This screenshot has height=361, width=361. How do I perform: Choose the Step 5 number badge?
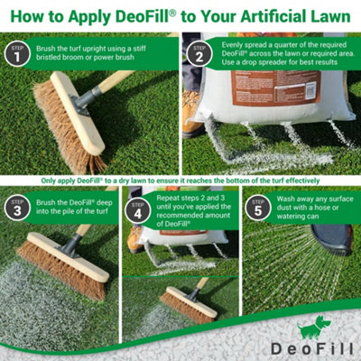point(258,207)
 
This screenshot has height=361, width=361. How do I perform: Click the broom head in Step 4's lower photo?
point(187,308)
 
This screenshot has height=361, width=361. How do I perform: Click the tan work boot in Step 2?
point(190,122)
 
